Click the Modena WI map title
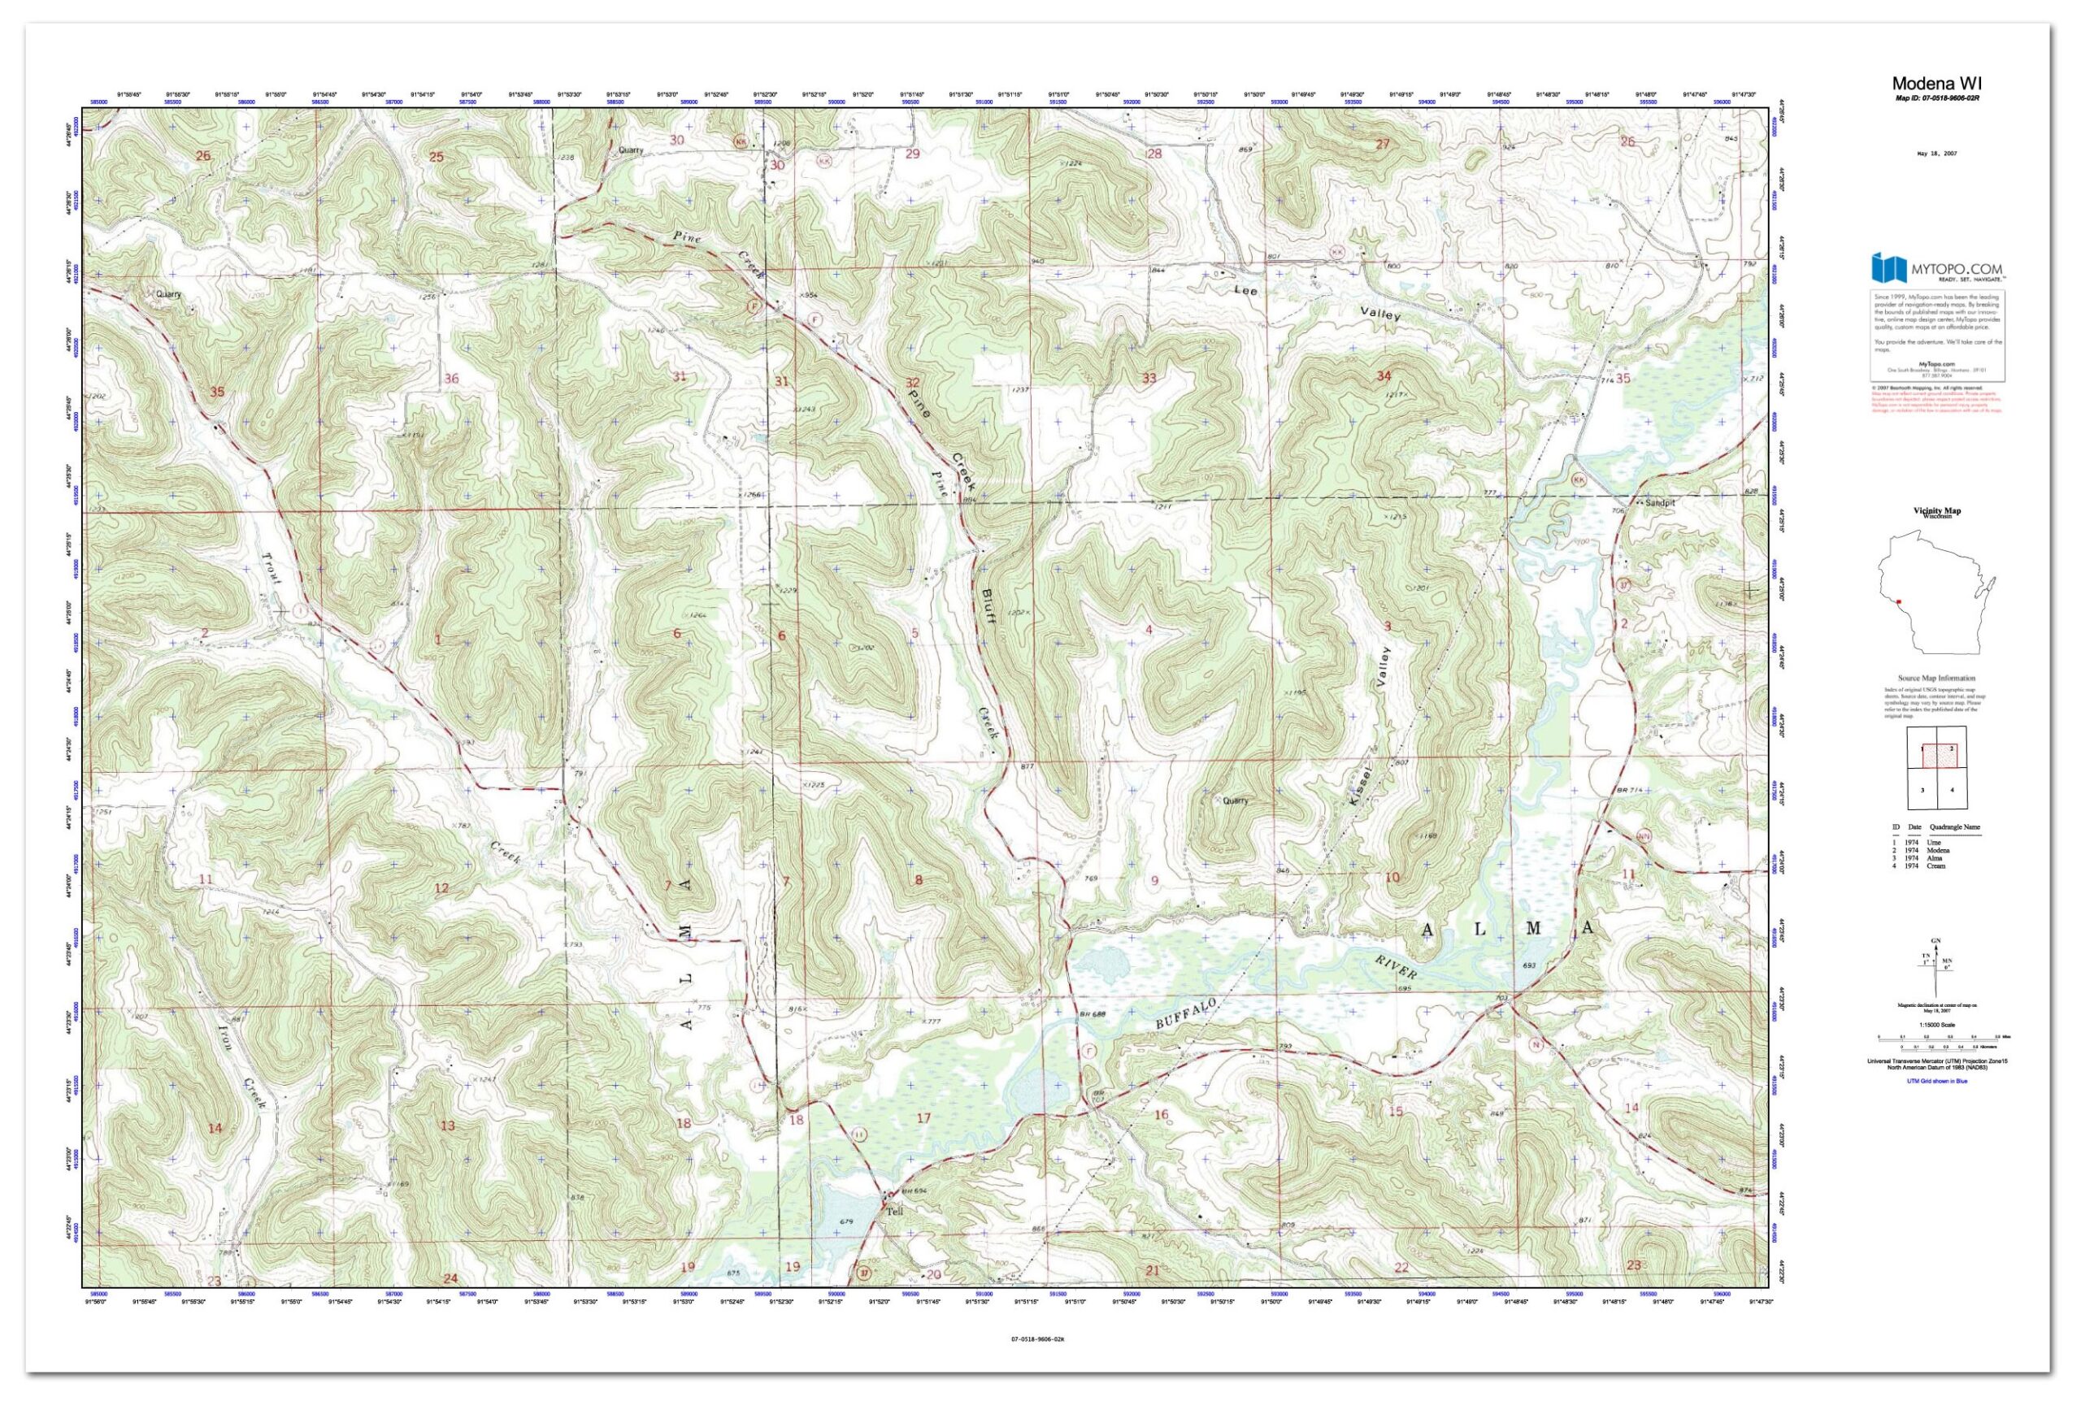1935,84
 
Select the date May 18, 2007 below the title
1936,154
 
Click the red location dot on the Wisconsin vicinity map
1899,602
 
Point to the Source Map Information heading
1936,679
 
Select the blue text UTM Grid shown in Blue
1936,1081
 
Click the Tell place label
895,1212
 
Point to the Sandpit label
1660,503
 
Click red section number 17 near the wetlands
924,1117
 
